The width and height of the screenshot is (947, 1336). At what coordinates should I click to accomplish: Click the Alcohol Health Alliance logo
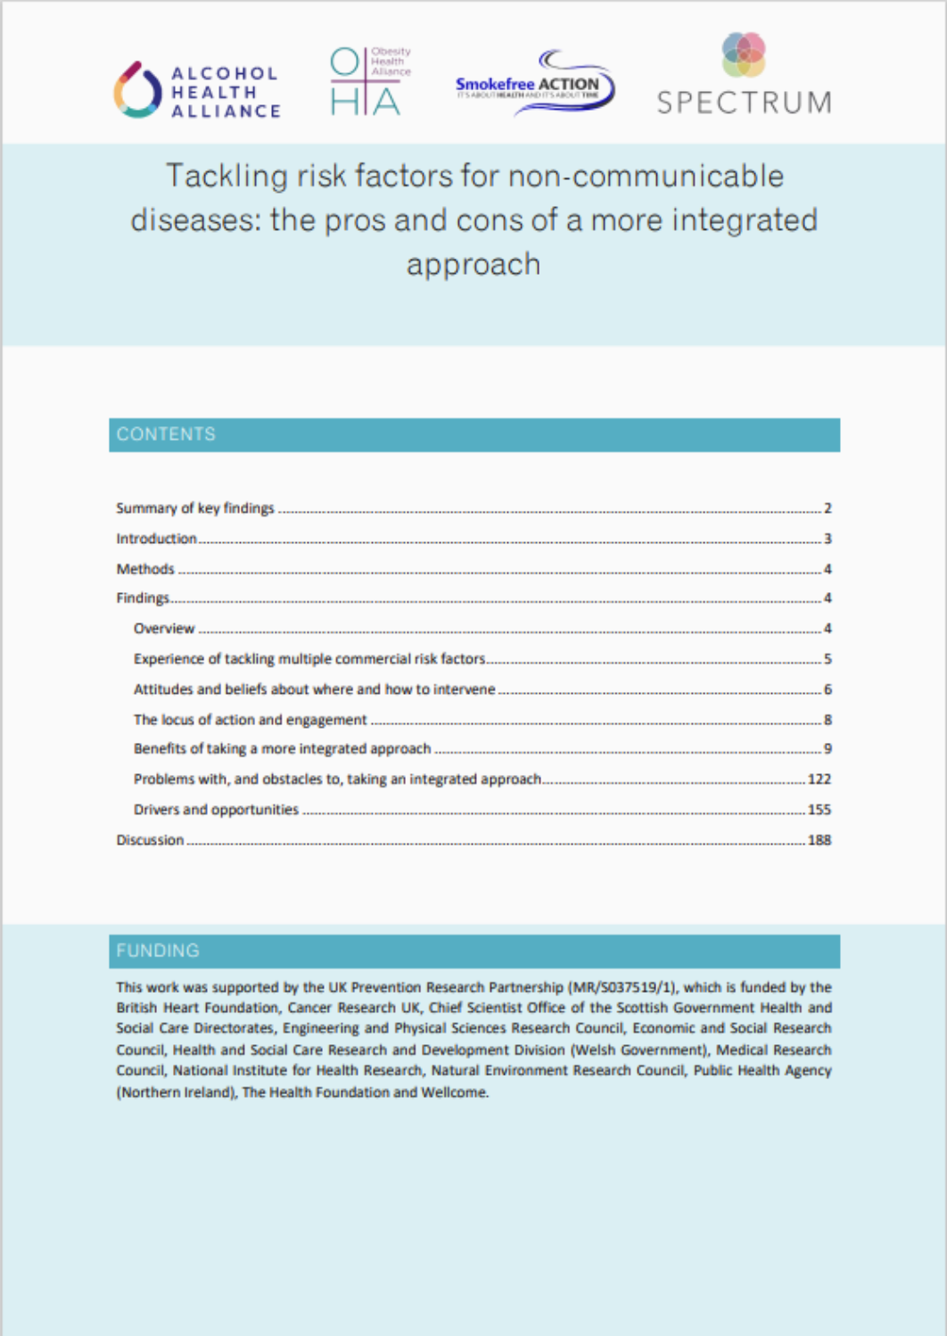point(197,91)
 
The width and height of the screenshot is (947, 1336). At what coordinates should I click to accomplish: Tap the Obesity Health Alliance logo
point(369,81)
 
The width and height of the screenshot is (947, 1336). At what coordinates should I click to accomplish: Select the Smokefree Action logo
point(534,82)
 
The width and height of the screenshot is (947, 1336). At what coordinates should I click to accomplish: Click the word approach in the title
point(473,265)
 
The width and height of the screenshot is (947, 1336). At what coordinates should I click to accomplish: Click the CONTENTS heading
point(166,434)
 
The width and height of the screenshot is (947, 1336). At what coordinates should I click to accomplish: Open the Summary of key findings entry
point(195,508)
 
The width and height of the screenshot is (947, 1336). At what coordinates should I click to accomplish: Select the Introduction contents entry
point(156,539)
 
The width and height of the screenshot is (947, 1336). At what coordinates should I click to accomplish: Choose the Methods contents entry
point(145,569)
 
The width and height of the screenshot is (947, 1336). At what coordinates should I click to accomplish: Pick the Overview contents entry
point(164,629)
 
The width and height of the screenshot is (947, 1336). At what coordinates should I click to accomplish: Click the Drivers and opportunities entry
point(216,810)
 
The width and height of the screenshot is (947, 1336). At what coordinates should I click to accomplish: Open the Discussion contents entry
point(150,840)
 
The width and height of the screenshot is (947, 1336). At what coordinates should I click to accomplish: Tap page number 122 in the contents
point(819,779)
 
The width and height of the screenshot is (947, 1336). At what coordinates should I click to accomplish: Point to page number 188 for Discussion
point(819,840)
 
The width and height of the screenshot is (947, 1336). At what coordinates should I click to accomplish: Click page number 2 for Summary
point(828,508)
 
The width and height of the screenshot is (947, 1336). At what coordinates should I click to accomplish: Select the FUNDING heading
point(158,951)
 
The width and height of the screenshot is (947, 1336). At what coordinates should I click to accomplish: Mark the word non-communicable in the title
point(646,177)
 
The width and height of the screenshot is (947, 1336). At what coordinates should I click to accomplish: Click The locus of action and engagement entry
point(250,720)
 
